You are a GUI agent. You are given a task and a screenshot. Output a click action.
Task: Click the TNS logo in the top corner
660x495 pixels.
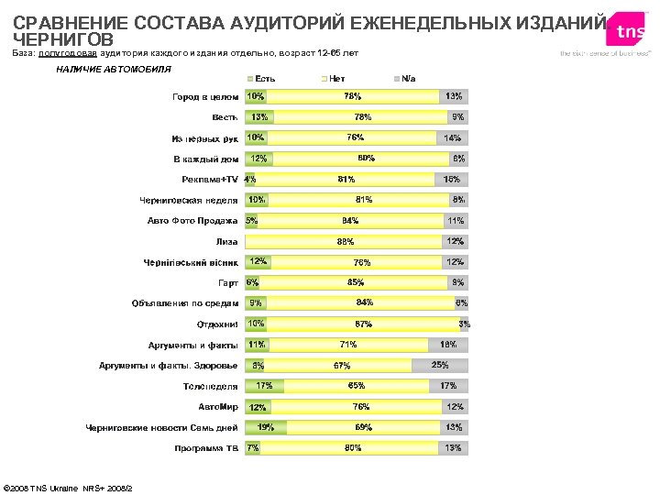coord(630,31)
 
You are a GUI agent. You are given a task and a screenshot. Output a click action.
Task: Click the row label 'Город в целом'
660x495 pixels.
coord(206,96)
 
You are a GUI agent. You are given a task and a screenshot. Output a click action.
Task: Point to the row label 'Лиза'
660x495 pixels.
coord(226,242)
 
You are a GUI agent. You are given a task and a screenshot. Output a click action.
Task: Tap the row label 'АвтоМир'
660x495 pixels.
coord(218,406)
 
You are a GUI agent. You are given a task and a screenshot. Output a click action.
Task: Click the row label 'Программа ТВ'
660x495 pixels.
coord(206,448)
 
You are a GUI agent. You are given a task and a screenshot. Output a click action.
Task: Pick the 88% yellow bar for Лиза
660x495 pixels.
coord(345,242)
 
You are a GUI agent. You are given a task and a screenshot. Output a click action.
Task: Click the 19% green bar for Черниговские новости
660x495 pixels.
coord(266,427)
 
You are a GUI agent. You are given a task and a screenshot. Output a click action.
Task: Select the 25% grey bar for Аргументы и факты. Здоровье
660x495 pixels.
coord(440,365)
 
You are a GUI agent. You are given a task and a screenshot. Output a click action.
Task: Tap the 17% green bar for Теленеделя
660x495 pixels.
coord(264,386)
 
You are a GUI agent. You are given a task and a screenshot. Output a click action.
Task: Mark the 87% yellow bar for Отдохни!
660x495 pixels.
coord(363,324)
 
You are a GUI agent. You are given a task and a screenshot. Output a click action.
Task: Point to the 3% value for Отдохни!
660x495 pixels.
coord(465,324)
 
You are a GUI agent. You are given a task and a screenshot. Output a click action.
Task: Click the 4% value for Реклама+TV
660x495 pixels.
coord(249,180)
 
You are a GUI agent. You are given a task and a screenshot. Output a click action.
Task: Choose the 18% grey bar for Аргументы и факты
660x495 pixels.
coord(448,345)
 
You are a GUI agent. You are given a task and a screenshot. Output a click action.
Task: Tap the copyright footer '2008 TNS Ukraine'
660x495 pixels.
coord(68,487)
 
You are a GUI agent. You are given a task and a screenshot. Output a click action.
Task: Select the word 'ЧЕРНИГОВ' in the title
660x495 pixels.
coord(63,40)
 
